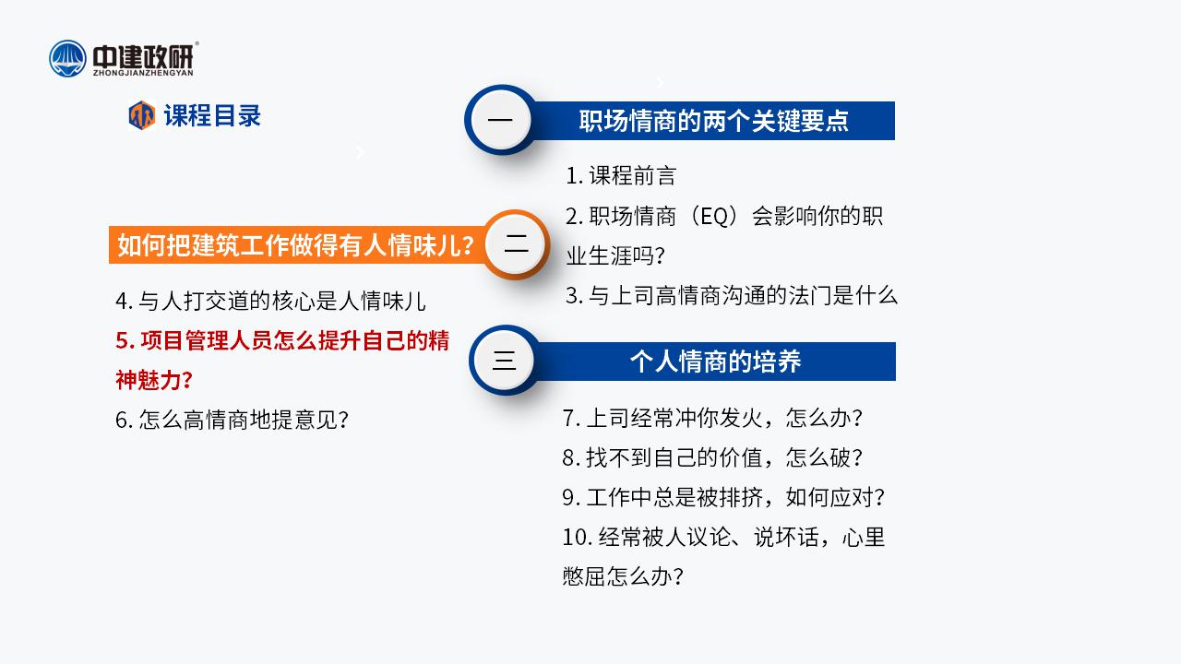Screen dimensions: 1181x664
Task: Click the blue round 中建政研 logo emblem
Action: click(67, 58)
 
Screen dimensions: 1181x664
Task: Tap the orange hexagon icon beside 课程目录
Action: click(142, 115)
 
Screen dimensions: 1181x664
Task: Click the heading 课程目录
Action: click(212, 115)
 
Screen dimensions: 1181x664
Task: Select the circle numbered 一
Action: click(500, 120)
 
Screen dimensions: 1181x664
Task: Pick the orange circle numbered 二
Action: click(516, 244)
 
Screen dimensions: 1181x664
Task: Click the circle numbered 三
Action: click(504, 361)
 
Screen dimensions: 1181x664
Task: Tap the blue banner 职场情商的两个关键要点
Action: click(714, 121)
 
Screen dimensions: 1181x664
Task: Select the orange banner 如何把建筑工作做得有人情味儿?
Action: click(296, 245)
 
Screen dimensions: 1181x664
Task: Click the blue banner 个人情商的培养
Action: click(715, 362)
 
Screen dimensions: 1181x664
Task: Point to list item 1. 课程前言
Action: click(621, 176)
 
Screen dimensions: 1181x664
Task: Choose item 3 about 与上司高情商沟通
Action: click(732, 296)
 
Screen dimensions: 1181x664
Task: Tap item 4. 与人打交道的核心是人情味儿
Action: click(270, 302)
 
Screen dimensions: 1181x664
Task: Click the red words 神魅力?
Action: click(154, 380)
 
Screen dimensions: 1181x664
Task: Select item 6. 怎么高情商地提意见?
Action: click(232, 420)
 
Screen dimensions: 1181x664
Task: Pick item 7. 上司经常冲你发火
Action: click(712, 418)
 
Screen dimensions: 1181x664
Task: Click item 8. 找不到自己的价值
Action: click(712, 457)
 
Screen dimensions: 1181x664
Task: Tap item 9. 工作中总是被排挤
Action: click(723, 497)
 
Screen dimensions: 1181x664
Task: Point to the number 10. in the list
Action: click(578, 538)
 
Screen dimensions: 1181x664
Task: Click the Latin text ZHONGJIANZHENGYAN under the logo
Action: click(143, 73)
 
